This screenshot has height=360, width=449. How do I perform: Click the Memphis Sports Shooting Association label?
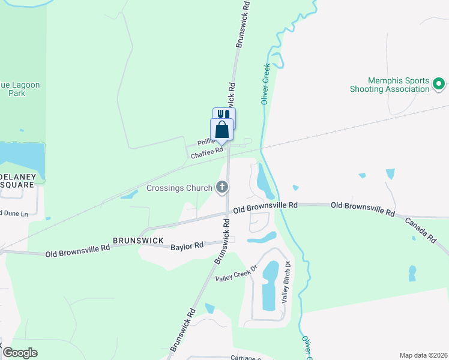coord(390,85)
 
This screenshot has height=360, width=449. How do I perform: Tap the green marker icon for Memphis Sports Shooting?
coord(439,84)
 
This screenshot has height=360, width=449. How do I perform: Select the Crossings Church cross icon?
coord(222,188)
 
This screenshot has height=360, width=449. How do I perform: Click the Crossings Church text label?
coord(179,188)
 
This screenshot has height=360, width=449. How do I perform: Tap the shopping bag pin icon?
coord(221,129)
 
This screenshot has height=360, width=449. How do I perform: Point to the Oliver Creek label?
coord(266,85)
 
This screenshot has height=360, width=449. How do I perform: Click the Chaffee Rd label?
coord(202,155)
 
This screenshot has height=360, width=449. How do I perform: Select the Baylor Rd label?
coord(187,246)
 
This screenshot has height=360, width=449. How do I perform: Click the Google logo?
coord(20,353)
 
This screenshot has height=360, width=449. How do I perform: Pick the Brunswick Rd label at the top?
coord(243,24)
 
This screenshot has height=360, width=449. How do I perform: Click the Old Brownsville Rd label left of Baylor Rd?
coord(77,250)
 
